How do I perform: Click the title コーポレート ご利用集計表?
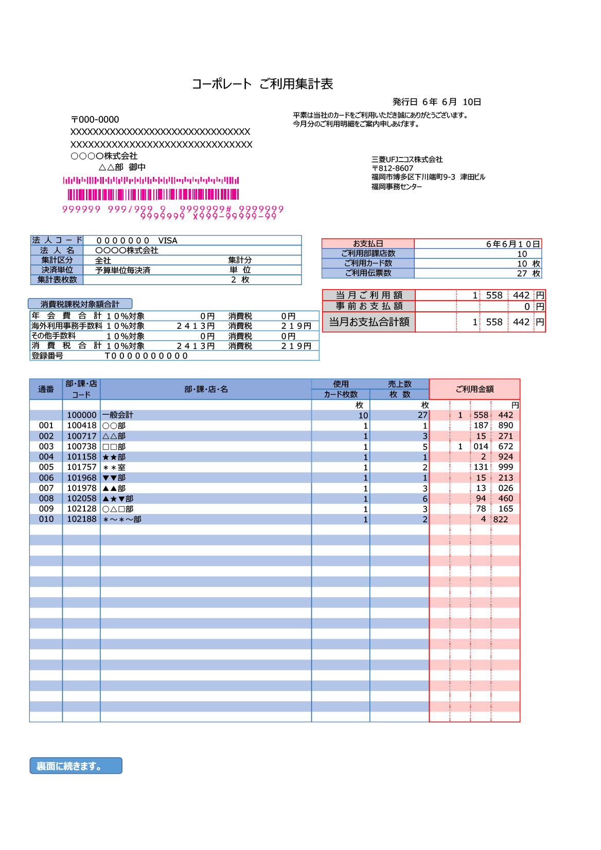point(262,84)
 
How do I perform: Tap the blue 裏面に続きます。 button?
point(76,766)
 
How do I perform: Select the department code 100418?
point(81,426)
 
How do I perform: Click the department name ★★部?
point(114,457)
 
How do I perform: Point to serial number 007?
point(46,488)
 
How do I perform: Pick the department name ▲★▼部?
point(118,499)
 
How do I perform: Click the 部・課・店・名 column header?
point(206,389)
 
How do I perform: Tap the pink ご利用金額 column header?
point(474,389)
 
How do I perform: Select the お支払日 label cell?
point(368,244)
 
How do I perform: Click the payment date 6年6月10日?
point(513,244)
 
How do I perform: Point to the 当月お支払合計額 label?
point(369,322)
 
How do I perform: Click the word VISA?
point(168,241)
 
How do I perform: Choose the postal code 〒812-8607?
point(393,168)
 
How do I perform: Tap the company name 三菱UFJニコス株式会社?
point(407,160)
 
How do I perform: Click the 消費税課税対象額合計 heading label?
point(80,304)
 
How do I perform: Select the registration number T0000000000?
point(147,356)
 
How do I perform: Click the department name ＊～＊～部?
point(122,520)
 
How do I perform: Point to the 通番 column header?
point(46,389)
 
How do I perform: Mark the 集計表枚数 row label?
point(57,280)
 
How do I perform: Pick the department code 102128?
point(81,509)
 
